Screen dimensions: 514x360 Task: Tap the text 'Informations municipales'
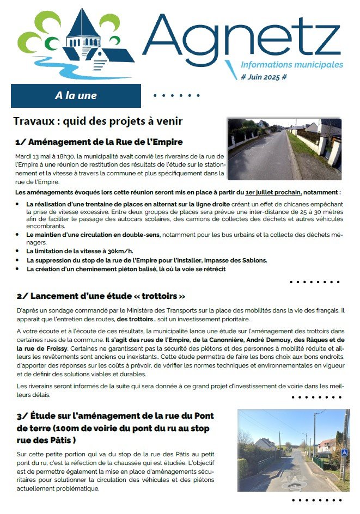click(x=292, y=65)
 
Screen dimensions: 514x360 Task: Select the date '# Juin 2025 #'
click(x=264, y=77)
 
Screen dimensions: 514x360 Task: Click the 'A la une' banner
click(x=76, y=96)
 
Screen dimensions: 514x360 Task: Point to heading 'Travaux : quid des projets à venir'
click(x=97, y=121)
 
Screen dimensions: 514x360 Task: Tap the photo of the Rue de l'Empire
click(x=285, y=149)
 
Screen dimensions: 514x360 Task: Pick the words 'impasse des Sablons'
click(x=239, y=260)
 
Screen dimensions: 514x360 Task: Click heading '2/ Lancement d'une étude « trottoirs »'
click(x=101, y=296)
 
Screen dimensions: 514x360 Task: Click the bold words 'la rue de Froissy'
click(x=39, y=346)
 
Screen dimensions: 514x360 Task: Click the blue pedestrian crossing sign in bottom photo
click(x=344, y=452)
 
